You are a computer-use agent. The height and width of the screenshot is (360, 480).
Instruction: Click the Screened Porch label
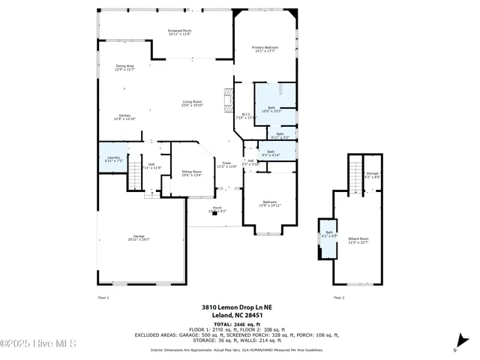[x=179, y=32]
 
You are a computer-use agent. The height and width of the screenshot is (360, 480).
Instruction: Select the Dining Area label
[x=124, y=67]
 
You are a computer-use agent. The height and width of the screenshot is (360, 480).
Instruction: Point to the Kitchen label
[x=124, y=117]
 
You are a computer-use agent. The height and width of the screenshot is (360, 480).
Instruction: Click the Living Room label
[x=192, y=103]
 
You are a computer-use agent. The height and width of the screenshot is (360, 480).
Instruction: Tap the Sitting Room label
[x=192, y=173]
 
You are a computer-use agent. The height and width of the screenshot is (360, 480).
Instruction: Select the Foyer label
[x=226, y=165]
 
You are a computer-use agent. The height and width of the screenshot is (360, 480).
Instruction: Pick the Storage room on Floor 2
[x=372, y=175]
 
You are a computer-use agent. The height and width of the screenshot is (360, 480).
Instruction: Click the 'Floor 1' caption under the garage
[x=103, y=298]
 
